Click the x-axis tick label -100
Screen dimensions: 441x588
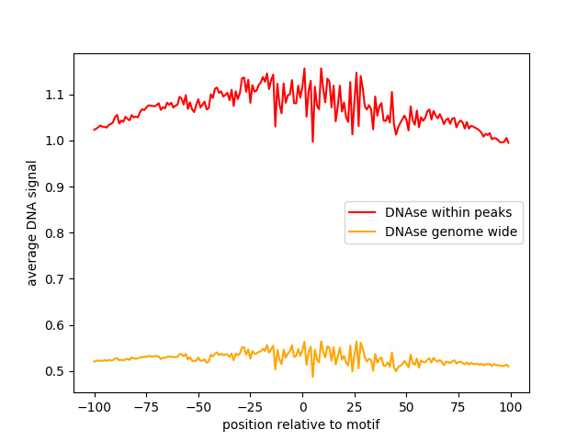[94, 407]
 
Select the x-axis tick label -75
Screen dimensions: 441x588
[146, 407]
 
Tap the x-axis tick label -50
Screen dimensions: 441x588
[198, 407]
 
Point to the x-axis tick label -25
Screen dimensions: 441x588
[250, 407]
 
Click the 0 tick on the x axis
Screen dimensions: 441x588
[302, 407]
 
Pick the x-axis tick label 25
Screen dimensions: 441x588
[355, 407]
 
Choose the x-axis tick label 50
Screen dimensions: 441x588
[407, 407]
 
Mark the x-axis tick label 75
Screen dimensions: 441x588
[459, 407]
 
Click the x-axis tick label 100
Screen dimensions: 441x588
[511, 407]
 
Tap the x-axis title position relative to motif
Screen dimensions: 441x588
[300, 424]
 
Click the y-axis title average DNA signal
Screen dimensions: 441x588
[32, 222]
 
